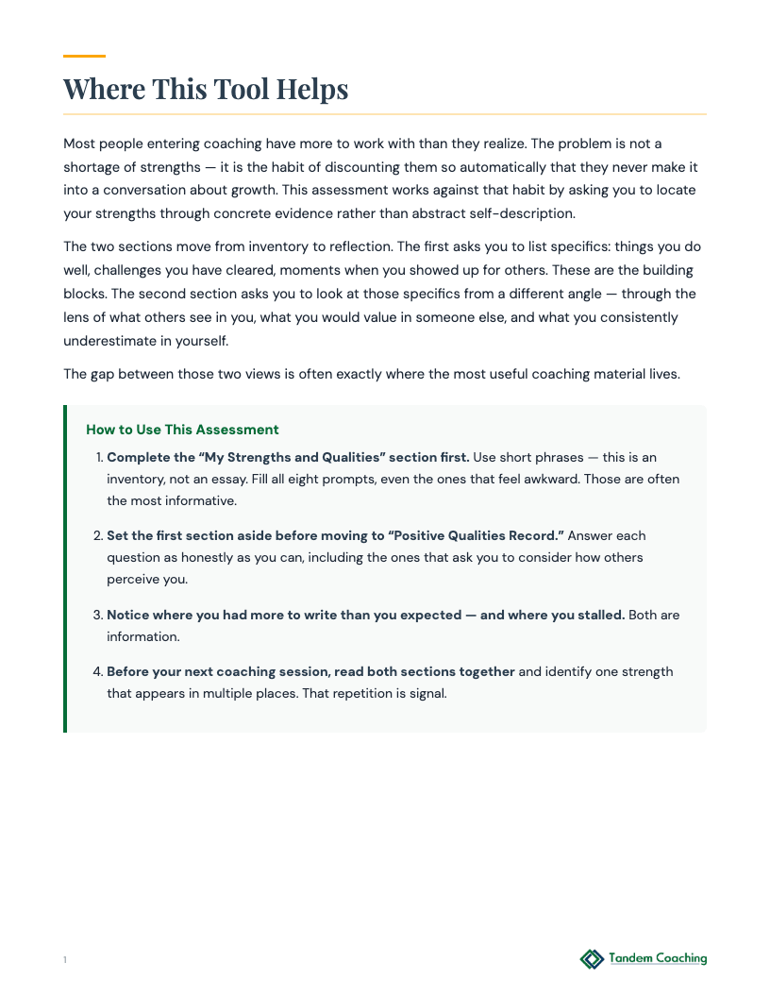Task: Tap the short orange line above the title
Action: (x=84, y=57)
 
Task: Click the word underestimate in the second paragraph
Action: (x=106, y=341)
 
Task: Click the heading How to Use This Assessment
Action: (x=182, y=430)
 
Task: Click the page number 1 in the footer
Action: (x=65, y=960)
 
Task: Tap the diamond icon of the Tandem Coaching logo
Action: (x=592, y=959)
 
